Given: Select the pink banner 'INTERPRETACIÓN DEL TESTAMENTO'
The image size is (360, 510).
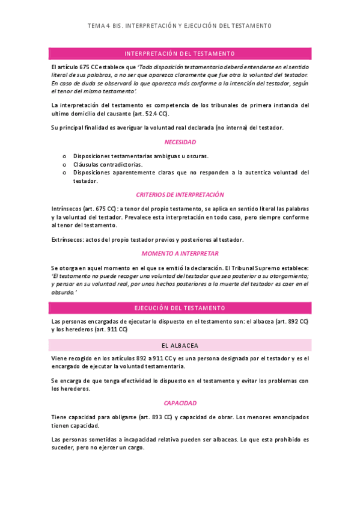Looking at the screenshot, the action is pyautogui.click(x=180, y=54).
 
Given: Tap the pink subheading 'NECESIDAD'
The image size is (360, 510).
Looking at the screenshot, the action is pyautogui.click(x=180, y=143).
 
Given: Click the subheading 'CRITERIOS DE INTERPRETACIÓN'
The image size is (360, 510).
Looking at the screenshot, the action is pyautogui.click(x=180, y=194).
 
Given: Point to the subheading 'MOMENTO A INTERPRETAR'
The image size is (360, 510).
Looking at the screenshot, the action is pyautogui.click(x=180, y=253).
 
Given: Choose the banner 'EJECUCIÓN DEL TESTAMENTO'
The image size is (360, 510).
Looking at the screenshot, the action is pyautogui.click(x=180, y=308).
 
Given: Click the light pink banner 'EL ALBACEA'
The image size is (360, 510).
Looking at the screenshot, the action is pyautogui.click(x=180, y=345).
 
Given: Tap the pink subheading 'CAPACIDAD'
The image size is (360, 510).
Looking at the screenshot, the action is pyautogui.click(x=180, y=403).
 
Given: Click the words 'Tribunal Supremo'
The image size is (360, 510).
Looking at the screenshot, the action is pyautogui.click(x=263, y=268).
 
